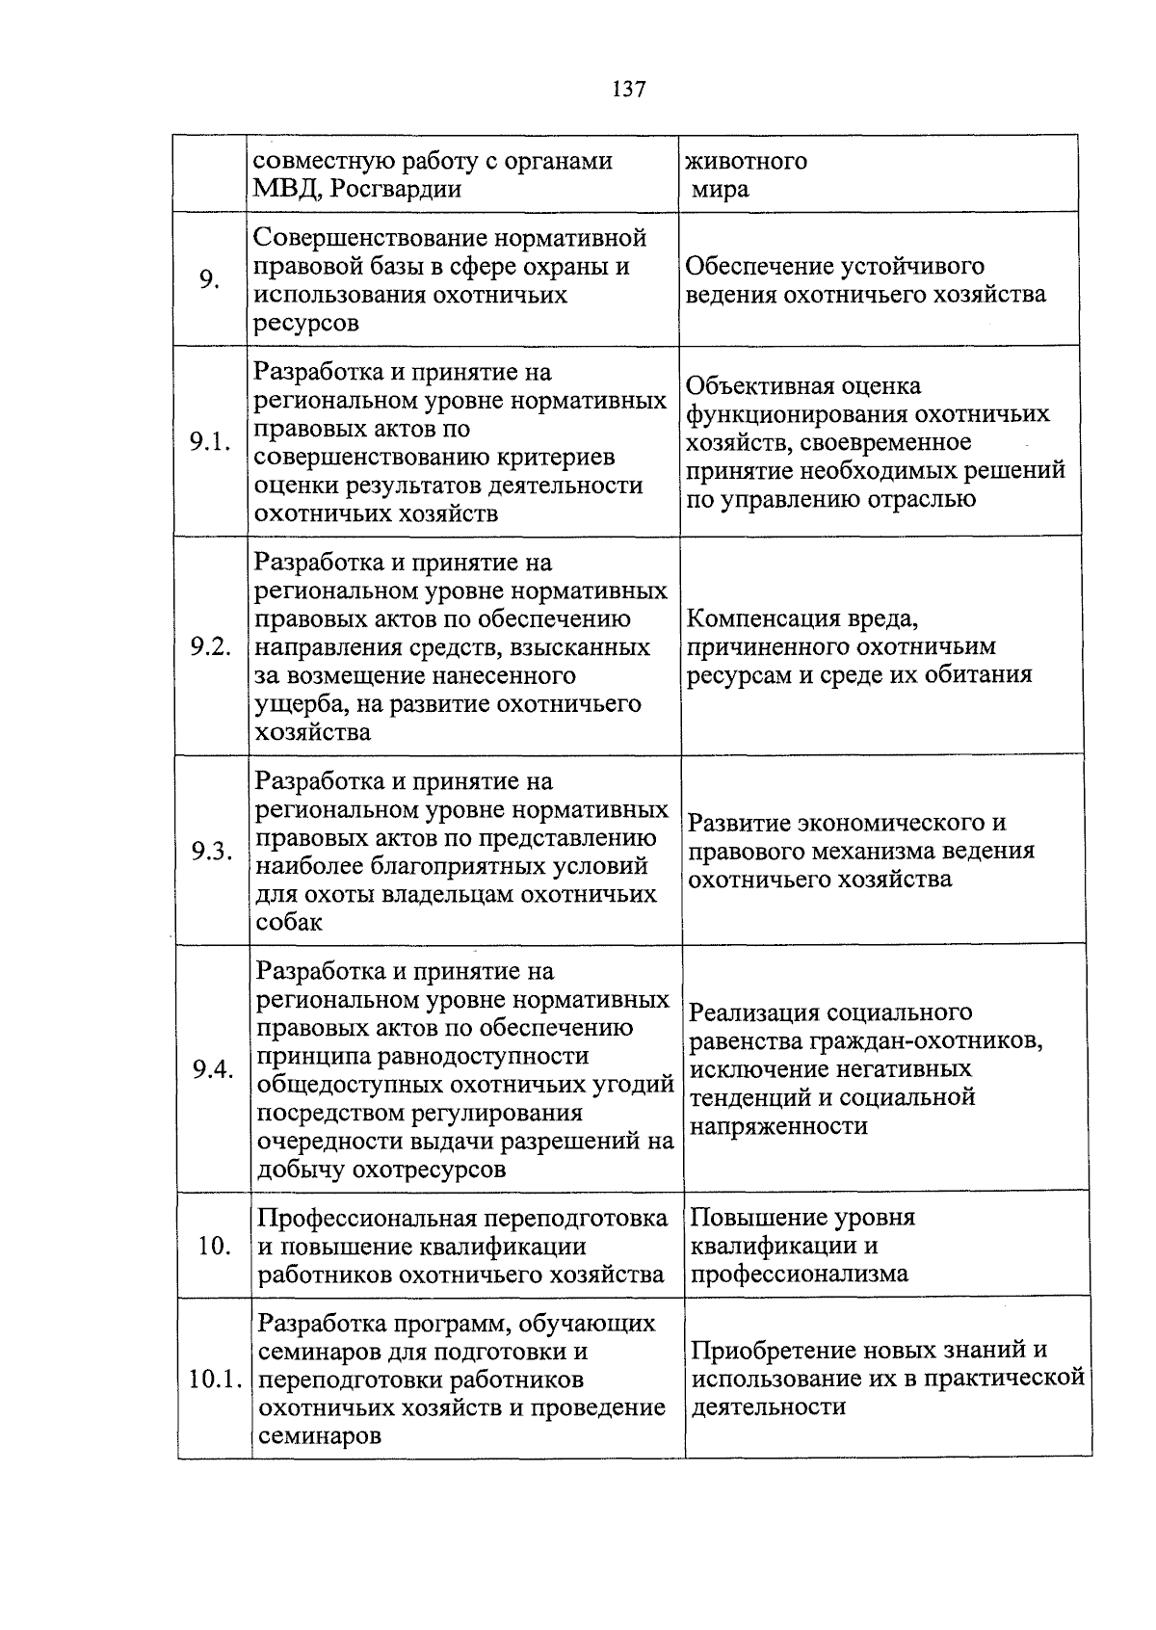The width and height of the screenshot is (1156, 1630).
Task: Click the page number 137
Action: (x=628, y=90)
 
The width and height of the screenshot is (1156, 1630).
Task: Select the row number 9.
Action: (x=210, y=280)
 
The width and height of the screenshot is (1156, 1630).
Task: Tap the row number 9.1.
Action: (x=210, y=442)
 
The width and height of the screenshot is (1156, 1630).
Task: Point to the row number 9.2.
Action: (x=210, y=646)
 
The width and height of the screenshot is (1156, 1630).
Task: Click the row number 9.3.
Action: (x=212, y=852)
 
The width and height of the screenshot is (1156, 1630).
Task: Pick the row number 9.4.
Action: (x=213, y=1070)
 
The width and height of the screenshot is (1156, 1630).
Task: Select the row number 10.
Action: (x=214, y=1247)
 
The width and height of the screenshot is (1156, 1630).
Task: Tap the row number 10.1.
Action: (x=214, y=1380)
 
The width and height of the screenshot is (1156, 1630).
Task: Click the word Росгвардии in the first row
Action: (x=395, y=189)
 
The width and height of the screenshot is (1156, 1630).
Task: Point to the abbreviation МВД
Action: (x=285, y=189)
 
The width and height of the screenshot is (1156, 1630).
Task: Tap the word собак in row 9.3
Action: (x=289, y=923)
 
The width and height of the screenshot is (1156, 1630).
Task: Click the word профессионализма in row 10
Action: (x=800, y=1275)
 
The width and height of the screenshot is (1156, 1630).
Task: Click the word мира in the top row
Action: (x=720, y=189)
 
